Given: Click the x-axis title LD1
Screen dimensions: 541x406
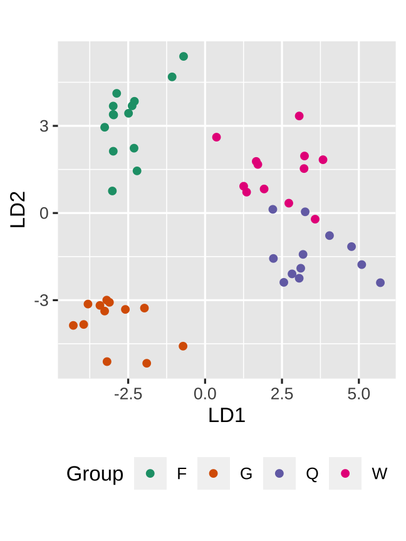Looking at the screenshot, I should pyautogui.click(x=226, y=415).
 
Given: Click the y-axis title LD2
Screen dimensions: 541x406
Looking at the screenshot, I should pyautogui.click(x=18, y=210).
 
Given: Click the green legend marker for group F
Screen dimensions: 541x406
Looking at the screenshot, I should pyautogui.click(x=150, y=473).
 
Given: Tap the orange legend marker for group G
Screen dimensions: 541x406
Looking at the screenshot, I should pyautogui.click(x=214, y=473).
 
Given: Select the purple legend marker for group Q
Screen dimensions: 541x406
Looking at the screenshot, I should pyautogui.click(x=279, y=473).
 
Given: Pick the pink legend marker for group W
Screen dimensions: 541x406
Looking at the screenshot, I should pyautogui.click(x=345, y=473).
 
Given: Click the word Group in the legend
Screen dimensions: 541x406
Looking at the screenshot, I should pyautogui.click(x=95, y=474).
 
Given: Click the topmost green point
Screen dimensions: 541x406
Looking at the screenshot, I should pyautogui.click(x=184, y=56).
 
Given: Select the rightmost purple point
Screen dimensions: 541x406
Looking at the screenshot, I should pyautogui.click(x=380, y=283).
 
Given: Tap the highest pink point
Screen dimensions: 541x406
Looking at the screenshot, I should pyautogui.click(x=299, y=116).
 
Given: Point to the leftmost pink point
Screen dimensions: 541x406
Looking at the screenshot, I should pyautogui.click(x=217, y=137).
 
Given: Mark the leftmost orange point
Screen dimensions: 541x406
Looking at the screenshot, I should pyautogui.click(x=73, y=326).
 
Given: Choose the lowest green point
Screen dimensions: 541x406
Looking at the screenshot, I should pyautogui.click(x=112, y=191).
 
